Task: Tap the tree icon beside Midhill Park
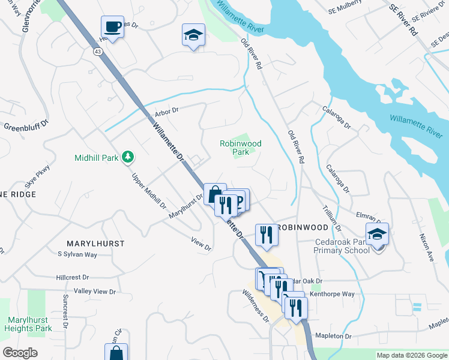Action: click(x=127, y=157)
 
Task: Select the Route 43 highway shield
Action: click(x=97, y=52)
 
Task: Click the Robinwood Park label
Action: click(x=241, y=148)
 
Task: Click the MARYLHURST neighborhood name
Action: click(x=91, y=244)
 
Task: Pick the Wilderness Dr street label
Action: click(x=256, y=306)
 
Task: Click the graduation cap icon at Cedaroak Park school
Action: click(x=377, y=235)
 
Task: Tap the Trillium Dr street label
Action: click(x=333, y=217)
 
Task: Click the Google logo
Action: click(x=20, y=353)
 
